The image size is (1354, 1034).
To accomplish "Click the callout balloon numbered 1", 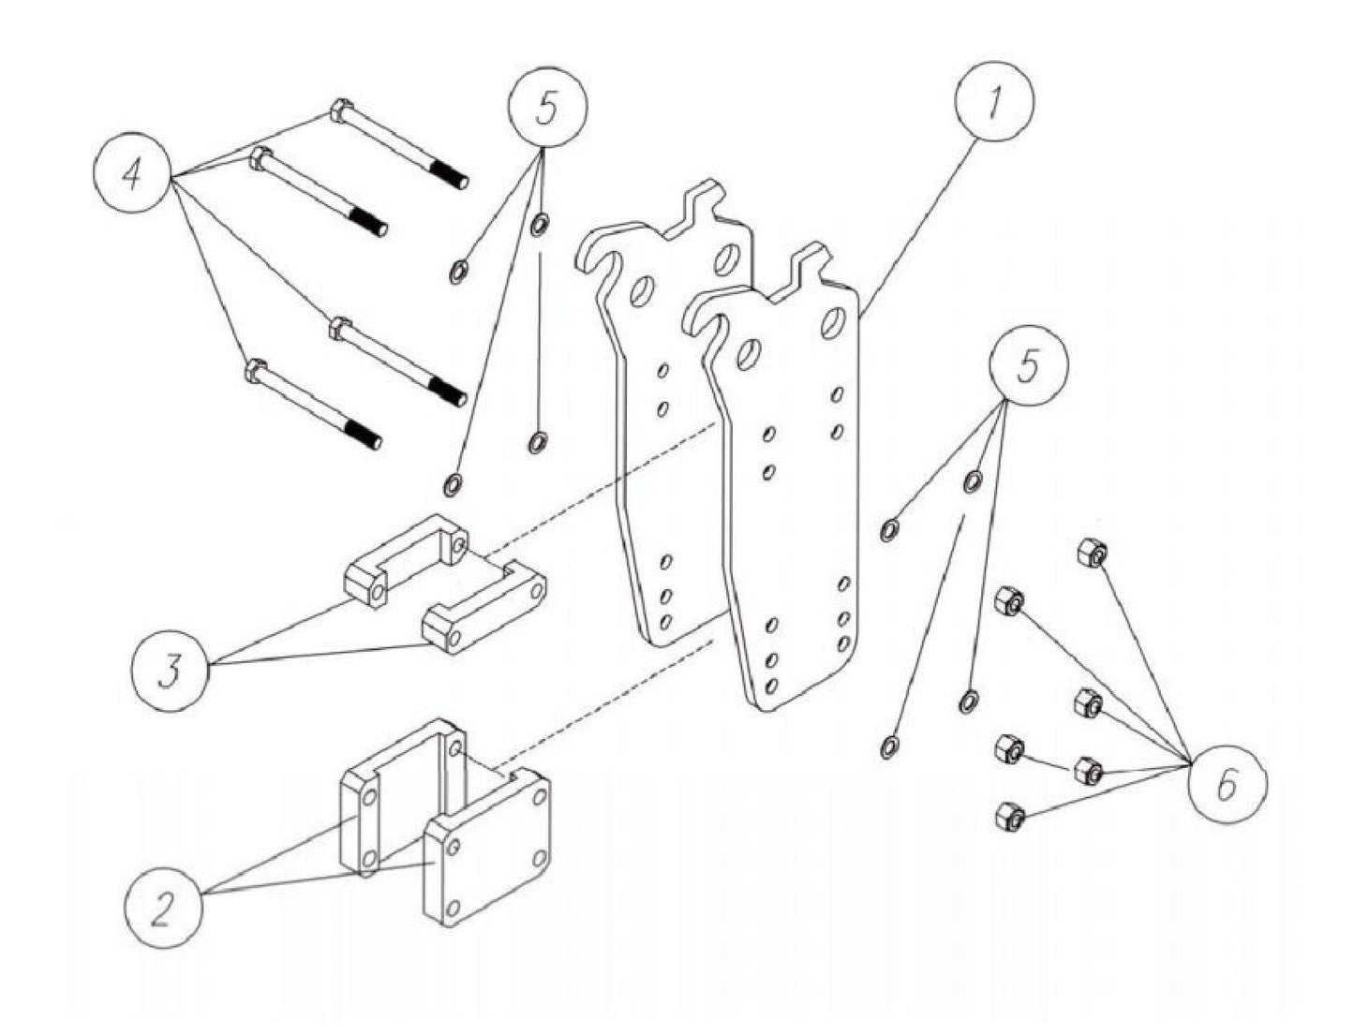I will pyautogui.click(x=995, y=105).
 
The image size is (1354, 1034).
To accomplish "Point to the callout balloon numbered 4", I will pyautogui.click(x=133, y=175).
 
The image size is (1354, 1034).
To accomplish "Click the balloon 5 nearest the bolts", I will pyautogui.click(x=548, y=108).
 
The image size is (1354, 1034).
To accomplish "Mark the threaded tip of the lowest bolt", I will pyautogui.click(x=367, y=436).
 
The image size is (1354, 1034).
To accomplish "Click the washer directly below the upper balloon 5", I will pyautogui.click(x=541, y=225).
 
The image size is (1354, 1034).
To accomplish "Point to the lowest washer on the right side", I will pyautogui.click(x=888, y=746).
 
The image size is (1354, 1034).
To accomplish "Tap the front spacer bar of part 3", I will pyautogui.click(x=484, y=609).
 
